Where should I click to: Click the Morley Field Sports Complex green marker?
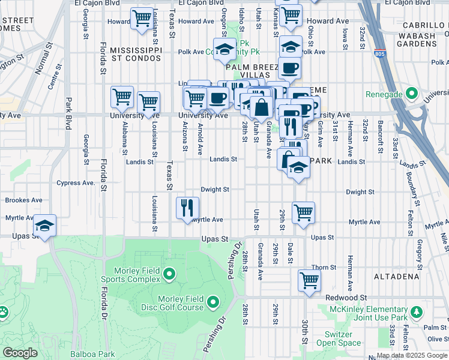tap(169, 275)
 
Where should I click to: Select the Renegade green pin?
tap(411, 94)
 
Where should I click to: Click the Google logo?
tap(20, 353)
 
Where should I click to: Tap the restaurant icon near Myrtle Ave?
tap(187, 208)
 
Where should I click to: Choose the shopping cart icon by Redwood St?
tap(309, 279)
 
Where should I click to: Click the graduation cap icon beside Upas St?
tap(44, 225)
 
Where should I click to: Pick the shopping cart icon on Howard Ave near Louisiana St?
tap(142, 18)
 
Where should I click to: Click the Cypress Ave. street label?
tap(76, 183)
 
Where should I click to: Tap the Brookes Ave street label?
tap(23, 200)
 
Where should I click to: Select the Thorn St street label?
tap(323, 268)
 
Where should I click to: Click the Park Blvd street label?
tap(68, 112)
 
